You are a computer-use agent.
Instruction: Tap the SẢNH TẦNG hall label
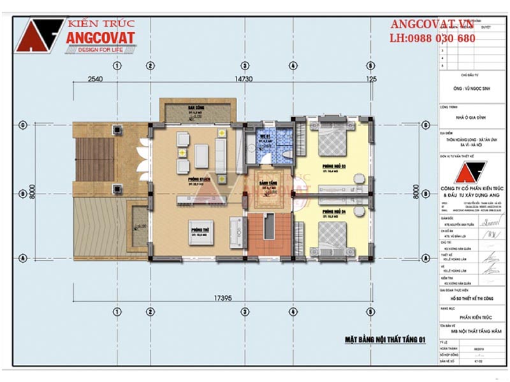click(267, 182)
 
